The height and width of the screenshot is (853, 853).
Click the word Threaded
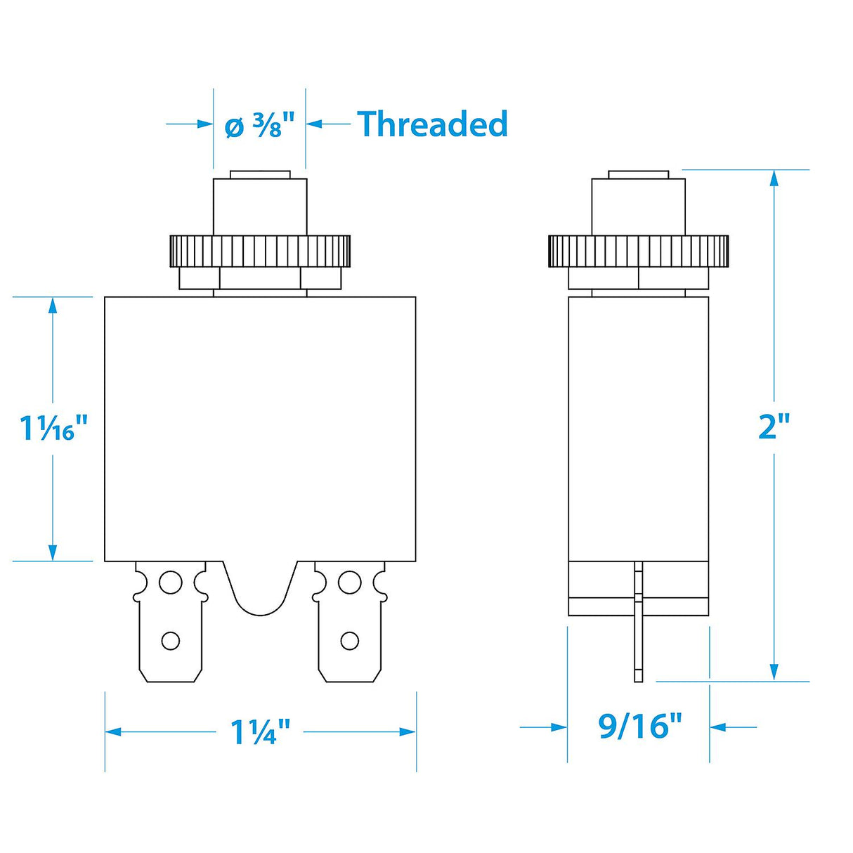click(432, 124)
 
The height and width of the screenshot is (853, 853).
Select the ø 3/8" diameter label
click(254, 126)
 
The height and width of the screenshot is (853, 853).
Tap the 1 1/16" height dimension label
click(53, 428)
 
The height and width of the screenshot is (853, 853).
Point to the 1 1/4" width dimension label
click(260, 732)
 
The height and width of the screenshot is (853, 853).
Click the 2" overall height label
click(774, 426)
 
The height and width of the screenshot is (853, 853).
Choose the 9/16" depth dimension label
click(639, 726)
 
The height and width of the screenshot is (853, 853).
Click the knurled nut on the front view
click(259, 251)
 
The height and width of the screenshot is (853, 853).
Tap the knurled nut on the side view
click(638, 251)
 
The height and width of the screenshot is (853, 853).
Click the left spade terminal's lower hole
click(171, 640)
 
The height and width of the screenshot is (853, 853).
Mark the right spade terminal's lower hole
click(349, 640)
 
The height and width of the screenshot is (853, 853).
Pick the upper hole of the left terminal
click(170, 582)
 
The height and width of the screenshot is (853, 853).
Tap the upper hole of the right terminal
click(349, 582)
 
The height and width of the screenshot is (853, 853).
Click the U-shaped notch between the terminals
click(260, 590)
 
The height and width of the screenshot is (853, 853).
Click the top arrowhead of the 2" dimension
click(774, 178)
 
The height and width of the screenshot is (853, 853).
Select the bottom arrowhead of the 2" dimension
click(774, 672)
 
